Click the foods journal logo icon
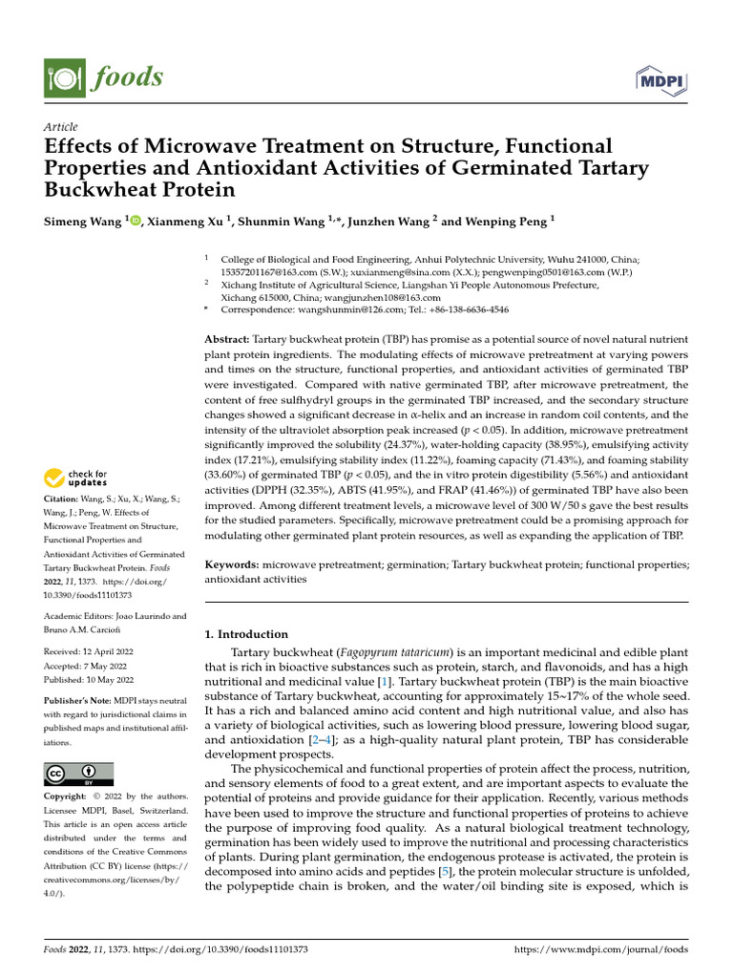[62, 76]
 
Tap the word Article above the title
[61, 127]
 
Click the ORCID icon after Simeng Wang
[135, 222]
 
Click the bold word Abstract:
[227, 340]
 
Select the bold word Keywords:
[233, 565]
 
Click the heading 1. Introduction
[246, 634]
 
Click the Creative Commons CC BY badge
[78, 774]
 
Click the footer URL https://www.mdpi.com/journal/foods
[600, 949]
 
